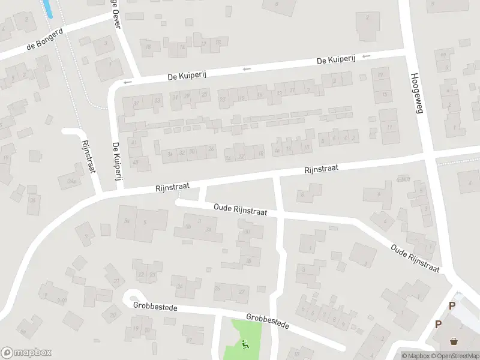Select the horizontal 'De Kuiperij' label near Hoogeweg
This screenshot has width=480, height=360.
coord(336,61)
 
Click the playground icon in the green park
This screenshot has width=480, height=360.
coord(245,344)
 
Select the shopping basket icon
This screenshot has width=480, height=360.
coord(454,341)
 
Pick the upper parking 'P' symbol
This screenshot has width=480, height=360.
coord(452,305)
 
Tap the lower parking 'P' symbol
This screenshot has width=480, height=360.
coord(438,324)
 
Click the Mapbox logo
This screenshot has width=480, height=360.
coord(26,353)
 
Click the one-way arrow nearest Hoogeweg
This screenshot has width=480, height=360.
coord(367,56)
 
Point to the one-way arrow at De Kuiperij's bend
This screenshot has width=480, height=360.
coord(127,82)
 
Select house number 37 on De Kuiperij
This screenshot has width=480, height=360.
coord(136,104)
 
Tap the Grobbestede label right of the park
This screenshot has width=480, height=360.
coord(268,321)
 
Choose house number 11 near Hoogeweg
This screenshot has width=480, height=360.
coord(389,127)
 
